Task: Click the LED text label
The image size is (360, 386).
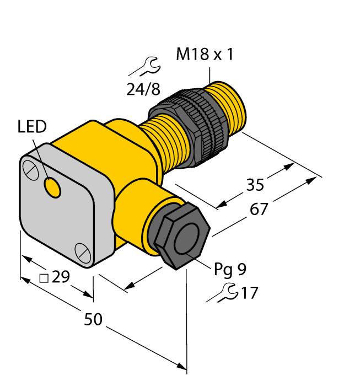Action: [x=33, y=127]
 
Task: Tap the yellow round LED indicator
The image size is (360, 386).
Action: [x=53, y=189]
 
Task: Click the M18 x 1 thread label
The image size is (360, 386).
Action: [x=205, y=55]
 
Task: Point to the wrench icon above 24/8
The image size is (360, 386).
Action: [x=144, y=67]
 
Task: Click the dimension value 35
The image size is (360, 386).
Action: [x=255, y=185]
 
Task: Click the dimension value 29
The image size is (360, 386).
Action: [x=61, y=277]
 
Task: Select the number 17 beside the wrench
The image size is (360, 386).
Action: [x=249, y=293]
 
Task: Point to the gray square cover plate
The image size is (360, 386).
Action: [x=55, y=207]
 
